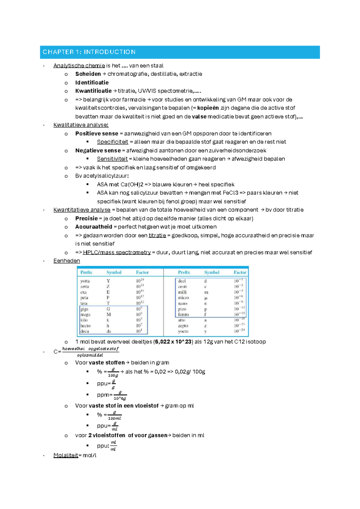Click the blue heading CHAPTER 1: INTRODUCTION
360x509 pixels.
(89, 52)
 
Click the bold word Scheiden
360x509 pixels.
(88, 74)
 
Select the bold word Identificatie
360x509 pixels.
(92, 83)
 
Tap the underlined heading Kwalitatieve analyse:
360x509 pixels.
(81, 125)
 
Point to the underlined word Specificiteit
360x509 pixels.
(112, 142)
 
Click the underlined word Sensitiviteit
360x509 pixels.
(112, 159)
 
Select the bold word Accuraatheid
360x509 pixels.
(94, 227)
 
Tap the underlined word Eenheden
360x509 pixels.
(67, 261)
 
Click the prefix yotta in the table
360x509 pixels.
(85, 281)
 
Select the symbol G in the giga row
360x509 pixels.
(108, 309)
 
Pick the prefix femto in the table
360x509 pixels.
(183, 315)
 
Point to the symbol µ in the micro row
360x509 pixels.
(205, 298)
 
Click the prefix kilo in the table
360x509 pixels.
(84, 320)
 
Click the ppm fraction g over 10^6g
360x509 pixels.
(120, 395)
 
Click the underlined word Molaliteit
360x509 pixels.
(66, 455)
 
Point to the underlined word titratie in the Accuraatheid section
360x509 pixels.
(157, 235)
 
